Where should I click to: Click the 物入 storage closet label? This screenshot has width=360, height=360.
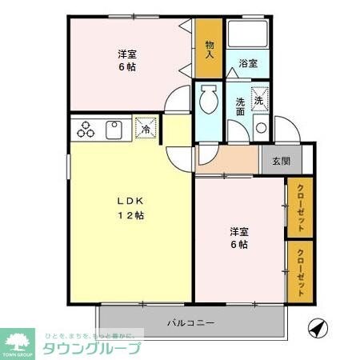tap(209, 50)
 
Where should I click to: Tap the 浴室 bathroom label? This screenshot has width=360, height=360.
tap(247, 63)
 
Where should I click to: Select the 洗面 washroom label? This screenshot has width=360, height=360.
tap(240, 107)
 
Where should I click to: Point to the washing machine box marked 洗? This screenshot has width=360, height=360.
tap(259, 100)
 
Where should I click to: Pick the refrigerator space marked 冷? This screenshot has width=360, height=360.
tap(146, 128)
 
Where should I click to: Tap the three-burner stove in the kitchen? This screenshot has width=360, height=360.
tap(86, 130)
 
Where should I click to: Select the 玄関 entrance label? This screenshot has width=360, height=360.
tap(282, 160)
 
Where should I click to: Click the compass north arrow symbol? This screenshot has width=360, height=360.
tap(318, 329)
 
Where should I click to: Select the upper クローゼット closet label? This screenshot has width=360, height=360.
tap(300, 207)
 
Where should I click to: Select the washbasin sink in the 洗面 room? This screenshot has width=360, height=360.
tap(260, 128)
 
